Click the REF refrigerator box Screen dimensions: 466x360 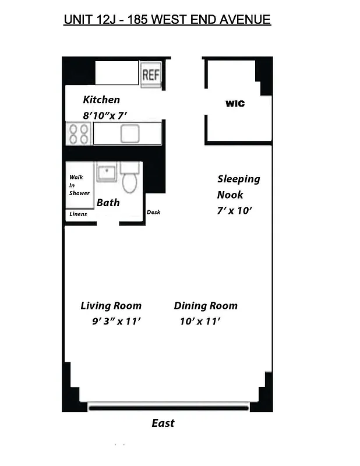(150, 75)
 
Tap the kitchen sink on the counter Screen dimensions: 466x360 (129, 133)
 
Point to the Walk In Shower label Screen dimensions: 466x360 (78, 185)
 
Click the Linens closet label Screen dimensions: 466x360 (78, 214)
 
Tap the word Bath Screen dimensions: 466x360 (108, 203)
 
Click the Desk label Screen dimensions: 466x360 (153, 212)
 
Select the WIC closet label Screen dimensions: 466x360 (235, 104)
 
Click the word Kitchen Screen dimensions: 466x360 (101, 100)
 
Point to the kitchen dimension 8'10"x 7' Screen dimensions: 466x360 (105, 115)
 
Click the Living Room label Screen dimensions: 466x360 (111, 306)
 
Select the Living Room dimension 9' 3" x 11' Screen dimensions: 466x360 (117, 322)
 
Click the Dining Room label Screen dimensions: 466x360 (206, 306)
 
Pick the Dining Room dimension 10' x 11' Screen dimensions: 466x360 (200, 322)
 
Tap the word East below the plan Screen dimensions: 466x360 (163, 423)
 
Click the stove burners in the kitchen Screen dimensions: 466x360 (78, 133)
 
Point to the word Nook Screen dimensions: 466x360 (230, 195)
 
